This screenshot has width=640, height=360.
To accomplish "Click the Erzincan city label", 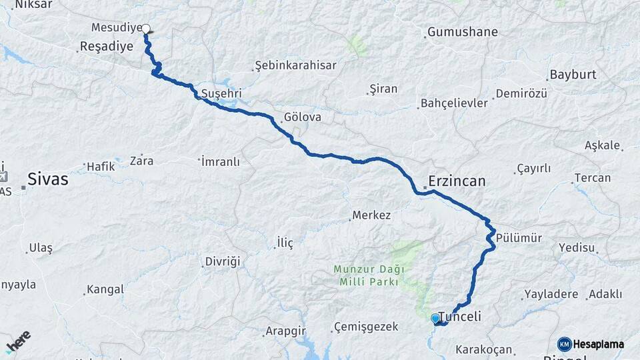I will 457,181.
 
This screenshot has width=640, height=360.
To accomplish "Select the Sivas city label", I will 47,179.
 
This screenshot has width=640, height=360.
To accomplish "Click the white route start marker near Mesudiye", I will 146,29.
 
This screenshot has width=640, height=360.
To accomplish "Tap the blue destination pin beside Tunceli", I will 435,319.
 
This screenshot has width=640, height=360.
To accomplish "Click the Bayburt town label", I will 573,74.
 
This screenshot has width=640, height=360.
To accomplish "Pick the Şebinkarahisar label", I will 295,65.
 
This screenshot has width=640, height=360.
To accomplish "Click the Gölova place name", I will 303,117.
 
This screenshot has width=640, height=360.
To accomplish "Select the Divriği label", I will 222,261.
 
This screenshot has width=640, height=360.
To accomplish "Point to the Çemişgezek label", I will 366,327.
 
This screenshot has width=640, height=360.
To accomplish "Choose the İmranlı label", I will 219,161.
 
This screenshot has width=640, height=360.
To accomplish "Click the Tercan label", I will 592,178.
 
